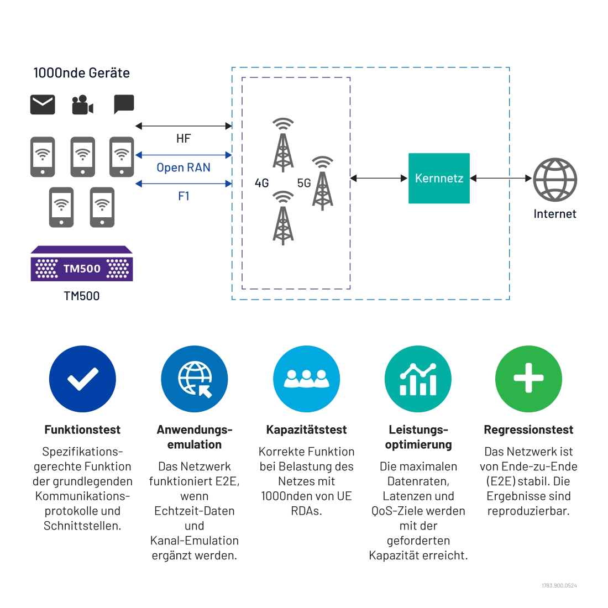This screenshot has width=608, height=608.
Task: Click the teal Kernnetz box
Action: point(439,179)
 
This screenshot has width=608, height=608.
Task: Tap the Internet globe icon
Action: point(555,180)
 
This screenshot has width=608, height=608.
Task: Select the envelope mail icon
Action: point(43,104)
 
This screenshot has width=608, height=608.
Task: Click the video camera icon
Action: point(82,104)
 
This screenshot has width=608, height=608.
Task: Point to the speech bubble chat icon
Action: point(124,104)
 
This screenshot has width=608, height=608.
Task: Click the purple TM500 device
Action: point(82,264)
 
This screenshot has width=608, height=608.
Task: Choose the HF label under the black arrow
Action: point(184,138)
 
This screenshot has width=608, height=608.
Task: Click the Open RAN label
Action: point(184,167)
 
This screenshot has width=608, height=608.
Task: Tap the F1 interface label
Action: point(184,196)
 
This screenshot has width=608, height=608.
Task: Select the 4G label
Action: point(262,183)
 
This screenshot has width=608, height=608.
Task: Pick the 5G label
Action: point(304,183)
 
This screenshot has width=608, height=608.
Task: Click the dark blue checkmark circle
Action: point(82,379)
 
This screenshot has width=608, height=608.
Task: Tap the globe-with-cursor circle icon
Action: point(194,379)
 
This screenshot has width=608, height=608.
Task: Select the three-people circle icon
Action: point(306,379)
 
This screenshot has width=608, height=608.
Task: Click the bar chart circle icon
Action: point(418,379)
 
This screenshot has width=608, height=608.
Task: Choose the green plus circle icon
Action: point(528,379)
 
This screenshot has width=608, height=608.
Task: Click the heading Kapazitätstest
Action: point(306,429)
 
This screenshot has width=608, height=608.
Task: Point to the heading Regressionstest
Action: point(528,429)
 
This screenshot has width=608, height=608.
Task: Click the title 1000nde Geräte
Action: point(81,73)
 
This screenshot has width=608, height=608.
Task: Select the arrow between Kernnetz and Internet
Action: point(501,179)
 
